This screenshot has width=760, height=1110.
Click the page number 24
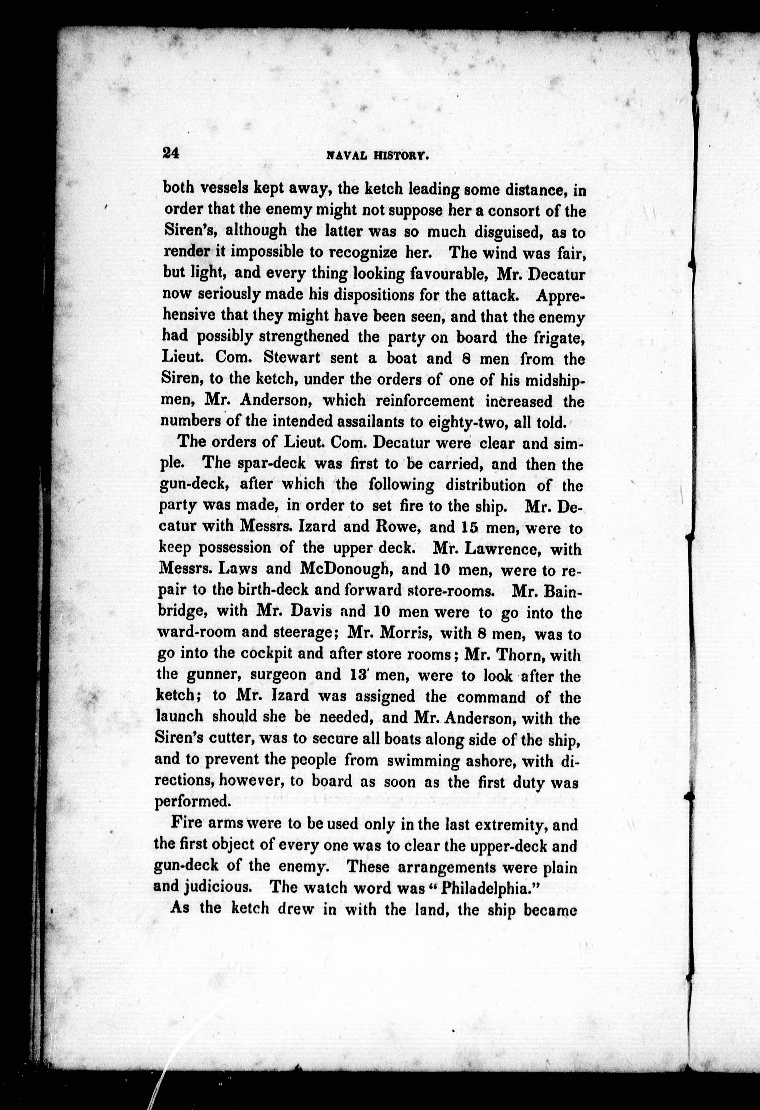(170, 153)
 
